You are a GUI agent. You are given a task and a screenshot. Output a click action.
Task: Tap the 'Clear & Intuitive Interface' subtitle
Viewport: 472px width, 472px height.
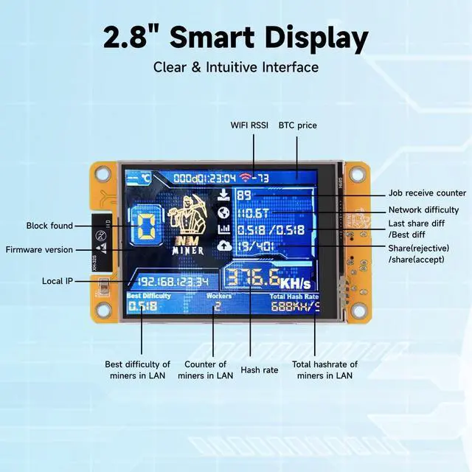[x=236, y=67]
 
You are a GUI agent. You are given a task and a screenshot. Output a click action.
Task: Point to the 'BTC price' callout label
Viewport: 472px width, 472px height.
[x=297, y=125]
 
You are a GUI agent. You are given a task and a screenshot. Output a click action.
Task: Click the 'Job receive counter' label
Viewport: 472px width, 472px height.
[x=427, y=193]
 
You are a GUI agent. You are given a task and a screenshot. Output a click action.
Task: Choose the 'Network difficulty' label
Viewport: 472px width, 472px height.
[x=423, y=210]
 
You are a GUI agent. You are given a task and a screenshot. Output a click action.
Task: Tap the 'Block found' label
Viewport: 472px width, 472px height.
[x=49, y=226]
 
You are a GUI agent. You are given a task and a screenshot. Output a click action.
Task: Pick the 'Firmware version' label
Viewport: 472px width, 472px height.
[x=39, y=249]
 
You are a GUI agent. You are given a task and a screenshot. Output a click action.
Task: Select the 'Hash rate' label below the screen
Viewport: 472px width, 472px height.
[x=260, y=369]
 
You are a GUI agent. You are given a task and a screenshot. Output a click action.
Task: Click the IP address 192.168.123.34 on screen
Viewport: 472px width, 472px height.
[x=174, y=281]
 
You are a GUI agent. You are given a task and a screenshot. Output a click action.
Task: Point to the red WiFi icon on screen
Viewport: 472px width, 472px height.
[x=245, y=178]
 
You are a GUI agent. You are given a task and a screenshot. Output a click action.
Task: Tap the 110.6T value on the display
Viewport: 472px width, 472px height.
[x=255, y=213]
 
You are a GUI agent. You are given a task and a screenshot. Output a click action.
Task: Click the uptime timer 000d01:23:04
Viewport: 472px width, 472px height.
[x=201, y=178]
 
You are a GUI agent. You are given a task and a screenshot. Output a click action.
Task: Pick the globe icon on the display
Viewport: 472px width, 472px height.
[x=224, y=212]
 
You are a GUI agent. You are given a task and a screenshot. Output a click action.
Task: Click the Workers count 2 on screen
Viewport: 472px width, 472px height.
[x=217, y=305]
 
